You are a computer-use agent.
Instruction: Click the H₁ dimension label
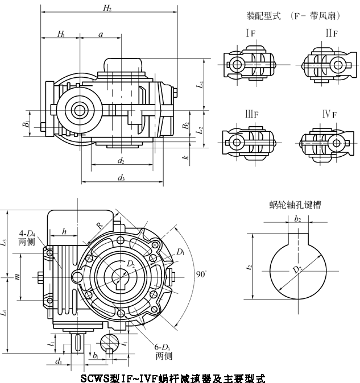[x=61, y=35]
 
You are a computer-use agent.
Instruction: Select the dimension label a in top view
[x=101, y=35]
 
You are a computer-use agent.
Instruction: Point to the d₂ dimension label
[x=121, y=161]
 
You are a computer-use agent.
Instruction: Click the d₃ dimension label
[x=121, y=178]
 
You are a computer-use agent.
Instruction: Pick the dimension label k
[x=186, y=157]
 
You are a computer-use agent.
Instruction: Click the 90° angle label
[x=200, y=274]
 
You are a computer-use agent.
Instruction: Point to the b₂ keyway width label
[x=297, y=218]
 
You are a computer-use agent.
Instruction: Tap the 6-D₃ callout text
[x=163, y=351]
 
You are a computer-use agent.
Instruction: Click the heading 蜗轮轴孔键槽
[x=295, y=205]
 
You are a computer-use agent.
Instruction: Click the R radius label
[x=100, y=225]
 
